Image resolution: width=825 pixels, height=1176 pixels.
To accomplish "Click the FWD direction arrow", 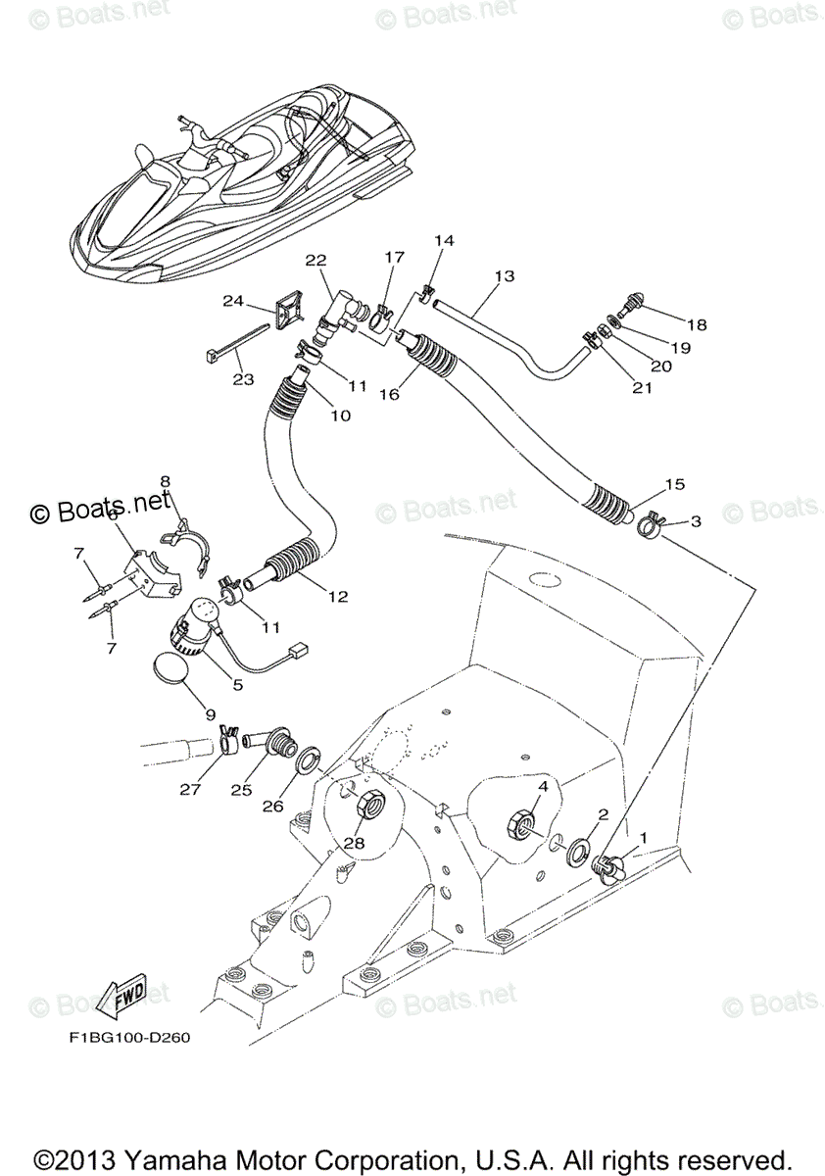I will [x=127, y=999].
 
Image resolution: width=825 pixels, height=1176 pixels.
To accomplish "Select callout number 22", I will [x=315, y=260].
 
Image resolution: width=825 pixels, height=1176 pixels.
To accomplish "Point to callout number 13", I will [x=504, y=276].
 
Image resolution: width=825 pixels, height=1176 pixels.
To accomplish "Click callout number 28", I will [x=352, y=842].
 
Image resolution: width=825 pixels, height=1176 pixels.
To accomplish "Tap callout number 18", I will [x=697, y=324].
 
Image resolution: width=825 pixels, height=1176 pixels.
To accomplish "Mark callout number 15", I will [x=674, y=484].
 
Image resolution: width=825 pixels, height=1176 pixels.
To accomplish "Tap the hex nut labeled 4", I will [x=520, y=823].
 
